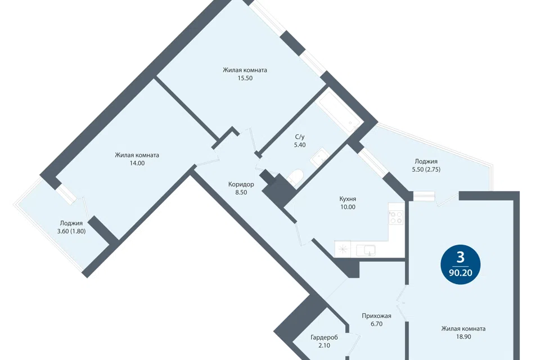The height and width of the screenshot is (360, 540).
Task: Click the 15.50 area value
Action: (x=245, y=78)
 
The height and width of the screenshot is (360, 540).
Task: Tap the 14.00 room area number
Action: (x=137, y=163)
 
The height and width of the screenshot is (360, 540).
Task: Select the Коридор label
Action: (x=241, y=184)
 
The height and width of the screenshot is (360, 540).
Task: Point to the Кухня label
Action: (x=348, y=199)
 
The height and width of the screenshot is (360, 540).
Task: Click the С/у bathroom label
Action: (x=300, y=137)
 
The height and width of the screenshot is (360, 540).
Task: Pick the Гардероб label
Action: (x=324, y=337)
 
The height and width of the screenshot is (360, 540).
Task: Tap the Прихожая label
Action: (x=376, y=316)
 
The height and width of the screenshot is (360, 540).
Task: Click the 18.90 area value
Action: (x=463, y=337)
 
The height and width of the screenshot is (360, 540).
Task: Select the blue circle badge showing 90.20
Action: (x=461, y=264)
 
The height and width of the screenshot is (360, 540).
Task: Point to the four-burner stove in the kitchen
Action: (x=395, y=214)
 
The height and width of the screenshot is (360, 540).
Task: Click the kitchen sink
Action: (x=366, y=250)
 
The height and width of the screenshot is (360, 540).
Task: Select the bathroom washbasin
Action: (x=320, y=157)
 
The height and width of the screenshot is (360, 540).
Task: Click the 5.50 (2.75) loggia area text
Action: (x=426, y=169)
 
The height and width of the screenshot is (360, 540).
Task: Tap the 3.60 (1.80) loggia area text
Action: (x=71, y=232)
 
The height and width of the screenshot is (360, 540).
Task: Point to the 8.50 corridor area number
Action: (x=241, y=192)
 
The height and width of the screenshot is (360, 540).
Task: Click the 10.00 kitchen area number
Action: (x=348, y=207)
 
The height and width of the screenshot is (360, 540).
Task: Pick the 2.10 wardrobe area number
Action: (x=324, y=345)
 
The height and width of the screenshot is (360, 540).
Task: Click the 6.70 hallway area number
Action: (x=376, y=324)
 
